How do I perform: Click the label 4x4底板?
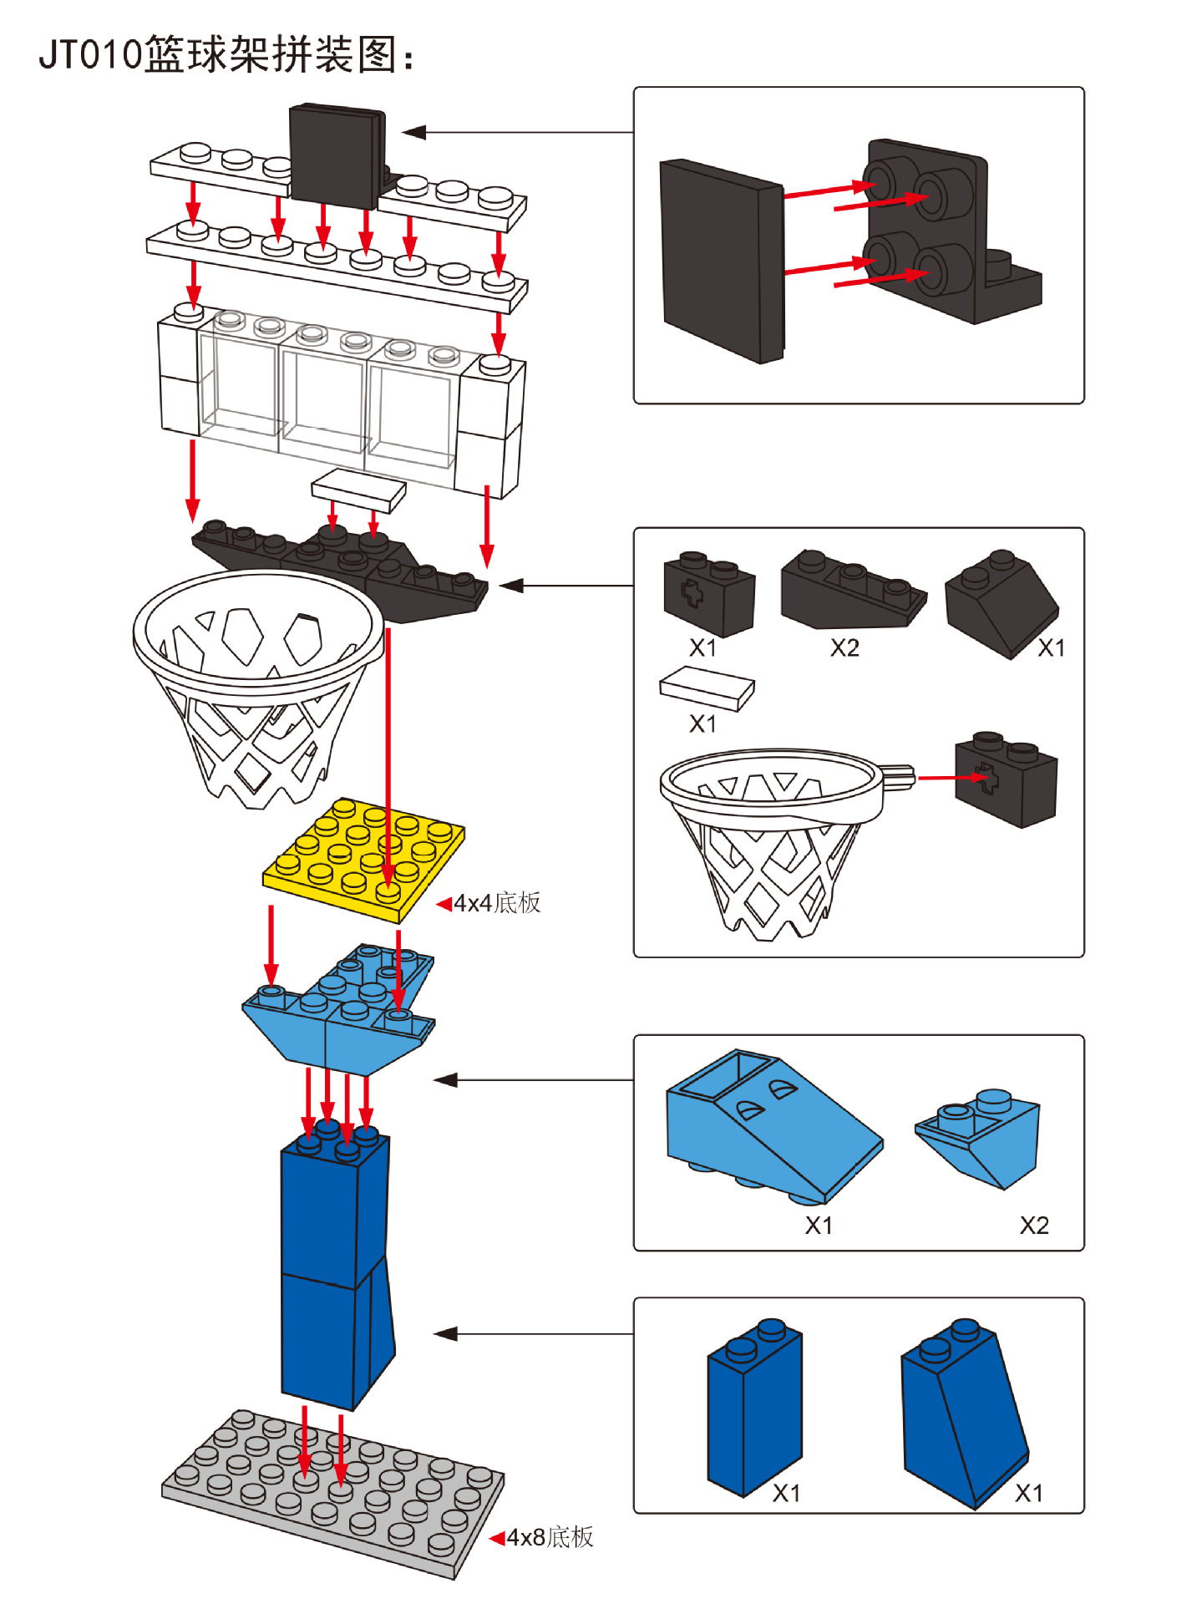[497, 902]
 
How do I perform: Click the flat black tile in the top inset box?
[722, 261]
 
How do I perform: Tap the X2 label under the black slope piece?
[844, 647]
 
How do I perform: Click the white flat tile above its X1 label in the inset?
[707, 688]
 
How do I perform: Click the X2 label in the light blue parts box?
[1034, 1226]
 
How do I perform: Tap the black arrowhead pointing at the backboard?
[413, 132]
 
